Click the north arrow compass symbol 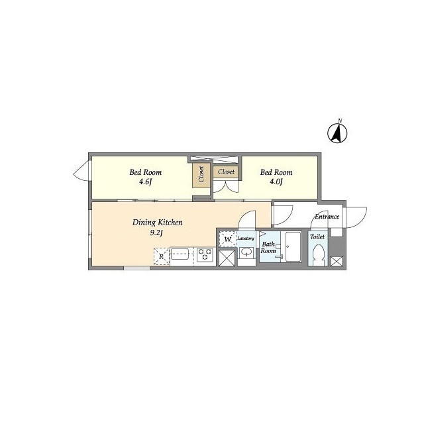point(337,133)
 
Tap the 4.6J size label point(145,182)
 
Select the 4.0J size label point(276,182)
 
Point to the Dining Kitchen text point(158,223)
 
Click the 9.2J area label point(156,233)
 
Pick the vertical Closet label point(201,174)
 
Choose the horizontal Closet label point(226,172)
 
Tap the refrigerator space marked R point(162,256)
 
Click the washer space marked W point(228,239)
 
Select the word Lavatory point(246,238)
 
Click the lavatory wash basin point(246,253)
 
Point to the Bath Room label point(268,247)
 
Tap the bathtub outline point(293,246)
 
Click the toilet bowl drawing point(319,255)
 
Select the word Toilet point(317,237)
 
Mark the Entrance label point(327,217)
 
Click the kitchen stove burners point(205,254)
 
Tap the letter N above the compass point(340,121)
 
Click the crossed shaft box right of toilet point(337,262)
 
